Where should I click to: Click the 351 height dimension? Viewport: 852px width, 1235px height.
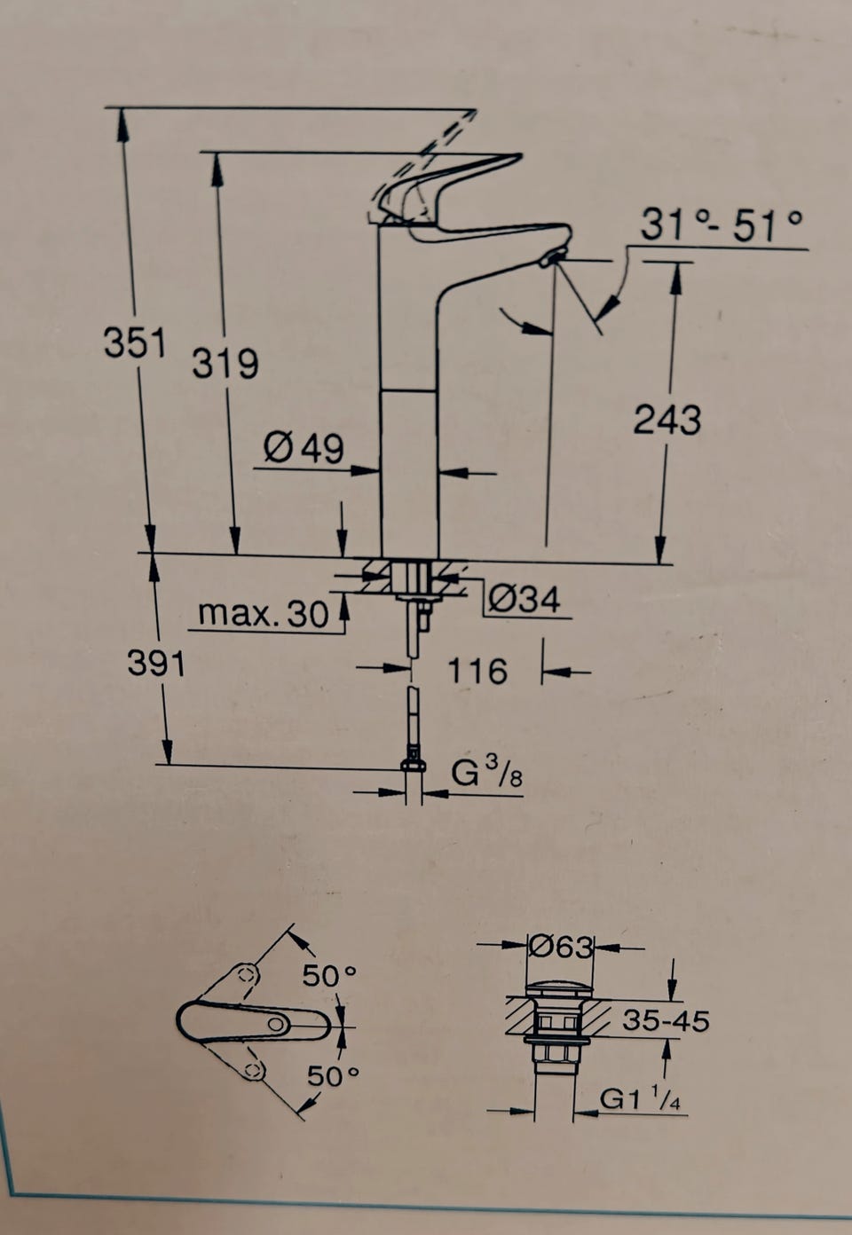click(x=135, y=342)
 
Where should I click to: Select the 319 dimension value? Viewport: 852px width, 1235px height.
click(x=225, y=363)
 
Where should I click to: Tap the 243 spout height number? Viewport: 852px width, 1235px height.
click(x=667, y=419)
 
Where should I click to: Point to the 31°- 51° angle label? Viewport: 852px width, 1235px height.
click(x=722, y=224)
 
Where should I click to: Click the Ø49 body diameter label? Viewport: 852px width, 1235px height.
click(x=304, y=447)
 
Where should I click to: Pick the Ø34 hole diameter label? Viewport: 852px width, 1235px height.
click(x=525, y=598)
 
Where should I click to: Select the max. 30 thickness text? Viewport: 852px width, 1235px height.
click(x=264, y=612)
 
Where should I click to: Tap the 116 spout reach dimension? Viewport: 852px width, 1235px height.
click(x=477, y=671)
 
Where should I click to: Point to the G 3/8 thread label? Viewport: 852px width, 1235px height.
click(x=486, y=774)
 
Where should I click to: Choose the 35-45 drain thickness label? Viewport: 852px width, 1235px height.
click(x=666, y=1020)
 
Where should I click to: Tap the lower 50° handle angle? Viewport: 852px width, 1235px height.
click(x=333, y=1075)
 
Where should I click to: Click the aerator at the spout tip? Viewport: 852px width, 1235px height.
click(x=552, y=257)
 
